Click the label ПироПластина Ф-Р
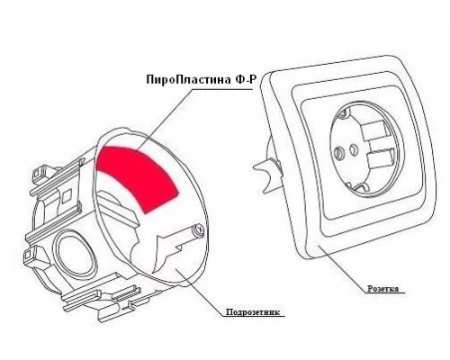tap(202, 79)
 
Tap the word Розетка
tap(383, 289)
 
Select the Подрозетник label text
tap(253, 312)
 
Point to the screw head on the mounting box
tap(199, 229)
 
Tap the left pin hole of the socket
tap(339, 152)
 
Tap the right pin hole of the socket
tap(354, 148)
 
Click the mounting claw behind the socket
tap(267, 174)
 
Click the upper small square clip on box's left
tap(39, 174)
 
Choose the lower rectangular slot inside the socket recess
tap(381, 161)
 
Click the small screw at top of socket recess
tap(345, 113)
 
